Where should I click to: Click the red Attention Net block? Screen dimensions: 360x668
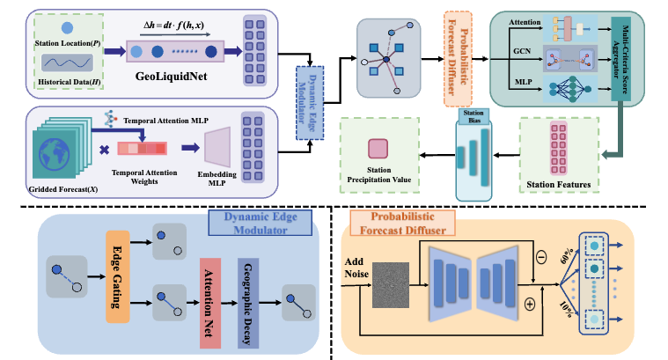(x=209, y=291)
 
